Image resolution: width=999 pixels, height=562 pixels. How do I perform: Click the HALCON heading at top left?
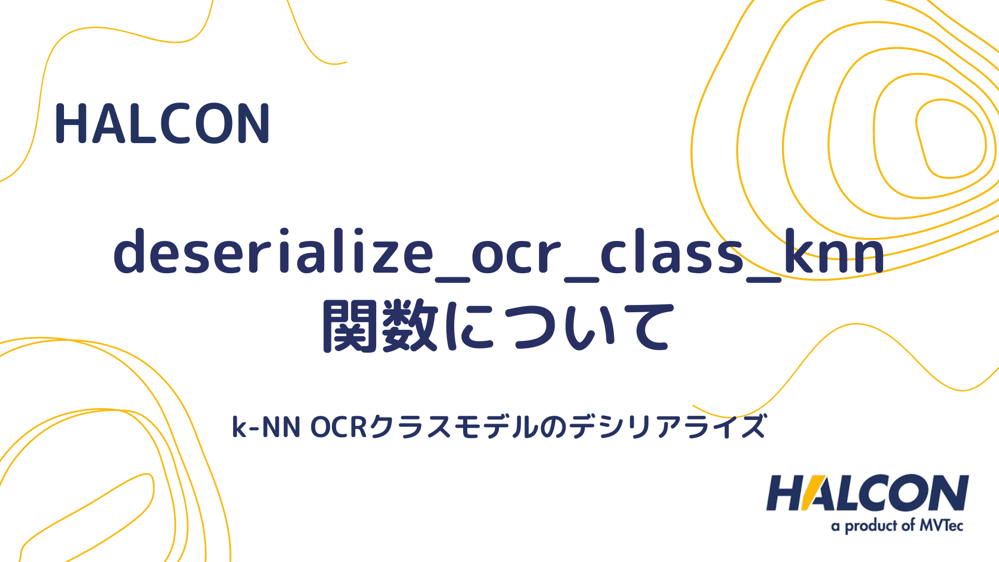point(162,123)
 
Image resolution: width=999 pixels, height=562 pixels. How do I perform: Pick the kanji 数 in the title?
point(411,327)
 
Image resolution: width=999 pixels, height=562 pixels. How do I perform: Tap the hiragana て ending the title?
point(645,327)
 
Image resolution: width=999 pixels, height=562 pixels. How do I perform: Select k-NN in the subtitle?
point(266,427)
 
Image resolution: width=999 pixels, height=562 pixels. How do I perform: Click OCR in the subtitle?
point(339,427)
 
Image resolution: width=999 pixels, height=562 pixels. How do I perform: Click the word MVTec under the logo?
point(941,526)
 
